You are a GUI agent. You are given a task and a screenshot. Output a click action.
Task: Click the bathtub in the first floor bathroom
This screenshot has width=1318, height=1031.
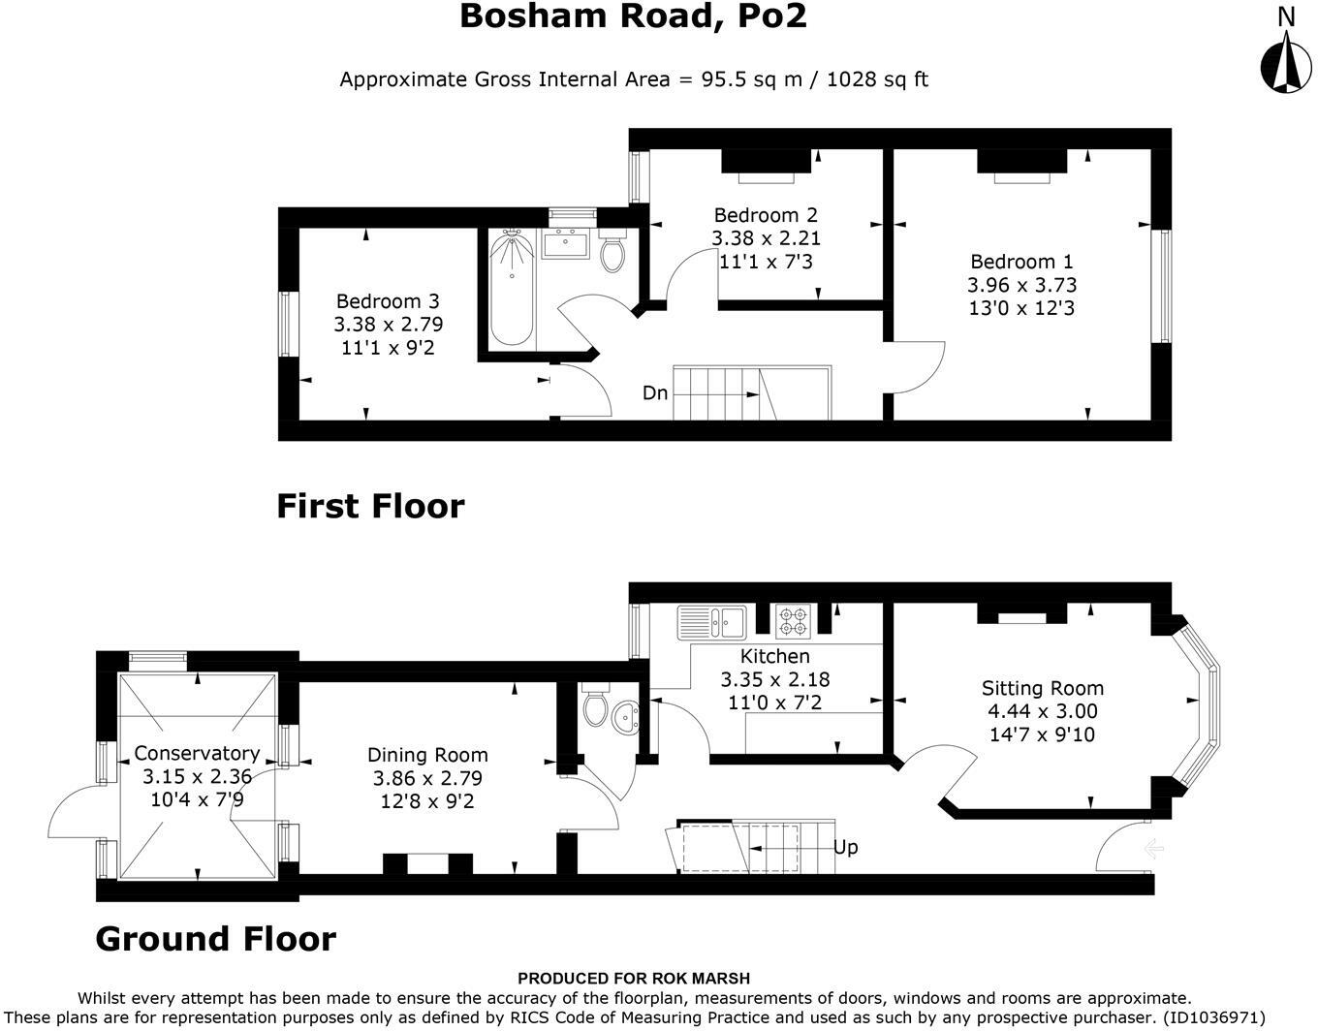coord(512,288)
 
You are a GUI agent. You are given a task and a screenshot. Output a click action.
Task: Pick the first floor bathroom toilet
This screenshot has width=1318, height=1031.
coord(612,250)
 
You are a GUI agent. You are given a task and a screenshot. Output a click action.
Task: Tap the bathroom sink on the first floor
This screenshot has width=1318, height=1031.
coord(565,244)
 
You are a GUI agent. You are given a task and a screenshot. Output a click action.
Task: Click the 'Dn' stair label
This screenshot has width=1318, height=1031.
coord(655,393)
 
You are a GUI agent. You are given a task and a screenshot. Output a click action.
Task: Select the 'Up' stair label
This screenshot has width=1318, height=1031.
coord(845,847)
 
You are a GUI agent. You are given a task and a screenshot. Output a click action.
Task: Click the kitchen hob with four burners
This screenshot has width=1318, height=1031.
coord(793,622)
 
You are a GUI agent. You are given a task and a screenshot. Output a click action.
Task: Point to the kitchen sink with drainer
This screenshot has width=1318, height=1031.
coord(712,622)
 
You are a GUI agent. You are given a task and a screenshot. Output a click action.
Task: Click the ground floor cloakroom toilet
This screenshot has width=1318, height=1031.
coord(595,703)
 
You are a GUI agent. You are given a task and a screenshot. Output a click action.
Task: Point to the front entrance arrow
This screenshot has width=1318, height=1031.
coord(1153,848)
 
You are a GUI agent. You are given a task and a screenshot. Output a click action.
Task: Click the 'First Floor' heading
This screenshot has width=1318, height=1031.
coord(370,506)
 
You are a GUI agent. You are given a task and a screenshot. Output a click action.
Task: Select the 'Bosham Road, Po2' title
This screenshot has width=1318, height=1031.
coord(633,16)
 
